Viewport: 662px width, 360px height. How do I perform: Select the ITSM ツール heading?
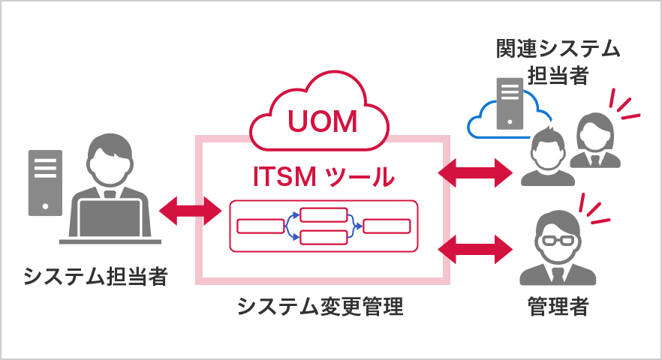tap(322, 177)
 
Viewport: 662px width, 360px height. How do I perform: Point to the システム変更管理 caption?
tap(320, 307)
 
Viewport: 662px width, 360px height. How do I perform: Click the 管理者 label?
tap(558, 307)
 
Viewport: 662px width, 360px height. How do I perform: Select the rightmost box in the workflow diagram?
tap(387, 226)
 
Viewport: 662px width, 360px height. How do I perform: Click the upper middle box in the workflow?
tap(323, 214)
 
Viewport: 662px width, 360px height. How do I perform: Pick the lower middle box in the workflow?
tap(323, 238)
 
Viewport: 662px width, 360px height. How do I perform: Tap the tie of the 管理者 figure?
tap(558, 273)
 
